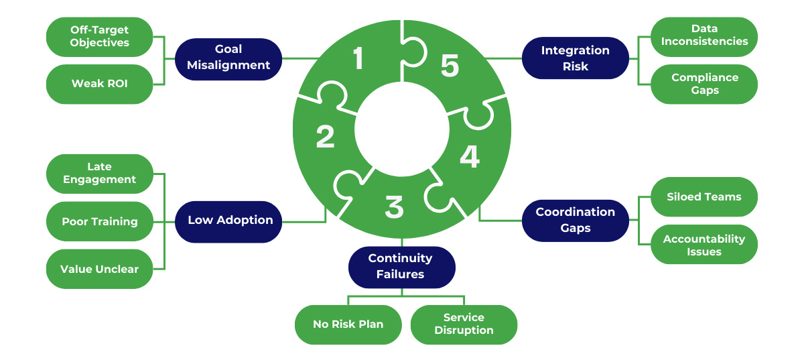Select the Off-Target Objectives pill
tap(100, 37)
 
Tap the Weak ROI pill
tap(100, 84)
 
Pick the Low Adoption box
tap(228, 221)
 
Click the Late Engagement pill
tap(100, 174)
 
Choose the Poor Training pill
tap(100, 221)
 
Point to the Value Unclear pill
tap(100, 269)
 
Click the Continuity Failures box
tap(401, 266)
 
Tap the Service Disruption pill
tap(464, 324)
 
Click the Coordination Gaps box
tap(575, 221)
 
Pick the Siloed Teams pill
tap(704, 197)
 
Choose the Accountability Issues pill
tap(704, 245)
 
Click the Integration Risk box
tap(575, 58)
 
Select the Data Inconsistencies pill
tap(704, 36)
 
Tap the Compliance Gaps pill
tap(704, 84)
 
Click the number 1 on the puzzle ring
tap(358, 58)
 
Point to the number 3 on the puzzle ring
tap(395, 207)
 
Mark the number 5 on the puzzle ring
tap(450, 66)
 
